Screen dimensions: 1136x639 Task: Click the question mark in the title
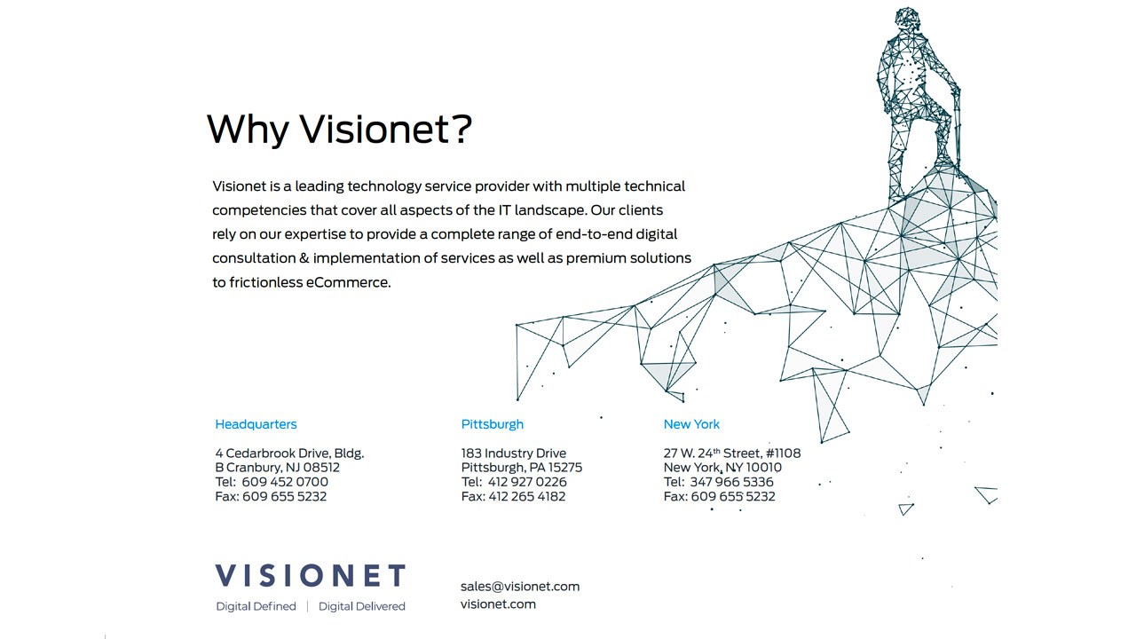[x=461, y=129]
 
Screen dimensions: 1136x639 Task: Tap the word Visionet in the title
[x=374, y=129]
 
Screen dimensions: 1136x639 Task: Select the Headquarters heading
[x=256, y=424]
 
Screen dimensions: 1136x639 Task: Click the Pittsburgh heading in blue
[x=492, y=424]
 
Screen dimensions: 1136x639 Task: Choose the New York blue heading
[x=691, y=424]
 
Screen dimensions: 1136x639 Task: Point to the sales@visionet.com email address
[x=520, y=587]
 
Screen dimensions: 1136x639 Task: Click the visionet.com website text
[x=498, y=604]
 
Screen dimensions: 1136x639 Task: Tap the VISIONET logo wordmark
[x=311, y=576]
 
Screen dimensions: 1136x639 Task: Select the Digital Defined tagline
[x=256, y=606]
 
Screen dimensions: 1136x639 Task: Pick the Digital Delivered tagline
[x=361, y=606]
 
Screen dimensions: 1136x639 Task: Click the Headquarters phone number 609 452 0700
[x=285, y=482]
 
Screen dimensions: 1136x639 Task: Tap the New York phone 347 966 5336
[x=732, y=482]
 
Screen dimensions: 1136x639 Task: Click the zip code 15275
[x=565, y=467]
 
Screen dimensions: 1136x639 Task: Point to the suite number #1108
[x=783, y=453]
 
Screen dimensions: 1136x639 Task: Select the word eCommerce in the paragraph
[x=348, y=282]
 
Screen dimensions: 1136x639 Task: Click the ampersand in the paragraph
[x=304, y=258]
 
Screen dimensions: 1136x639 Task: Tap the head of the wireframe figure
[x=907, y=18]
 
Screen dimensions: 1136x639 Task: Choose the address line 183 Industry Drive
[x=513, y=453]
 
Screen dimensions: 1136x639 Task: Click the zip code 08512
[x=321, y=467]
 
